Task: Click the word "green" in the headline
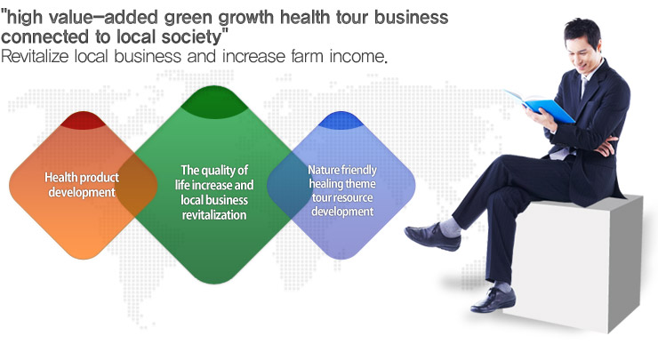click(x=190, y=18)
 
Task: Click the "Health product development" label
click(x=82, y=185)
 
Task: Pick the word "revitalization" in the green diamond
click(x=214, y=215)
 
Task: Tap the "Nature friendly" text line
click(x=342, y=170)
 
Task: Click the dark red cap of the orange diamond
click(x=83, y=120)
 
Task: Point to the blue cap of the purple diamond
click(x=341, y=120)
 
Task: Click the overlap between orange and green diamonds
click(x=136, y=185)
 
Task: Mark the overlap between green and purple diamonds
click(x=290, y=185)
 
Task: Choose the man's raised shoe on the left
click(x=432, y=236)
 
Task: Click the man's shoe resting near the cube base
click(x=493, y=300)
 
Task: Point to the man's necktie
click(x=584, y=86)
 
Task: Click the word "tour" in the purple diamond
click(x=321, y=197)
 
